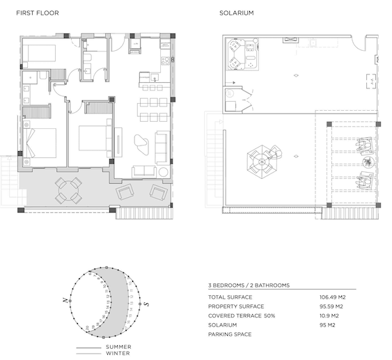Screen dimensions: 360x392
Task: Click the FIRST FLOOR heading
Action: pos(38,13)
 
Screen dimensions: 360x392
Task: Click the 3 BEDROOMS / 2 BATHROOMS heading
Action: pos(248,285)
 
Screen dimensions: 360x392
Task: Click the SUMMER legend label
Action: pos(118,346)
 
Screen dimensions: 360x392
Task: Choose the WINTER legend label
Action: pos(117,353)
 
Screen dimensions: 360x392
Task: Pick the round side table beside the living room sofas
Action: pos(164,171)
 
